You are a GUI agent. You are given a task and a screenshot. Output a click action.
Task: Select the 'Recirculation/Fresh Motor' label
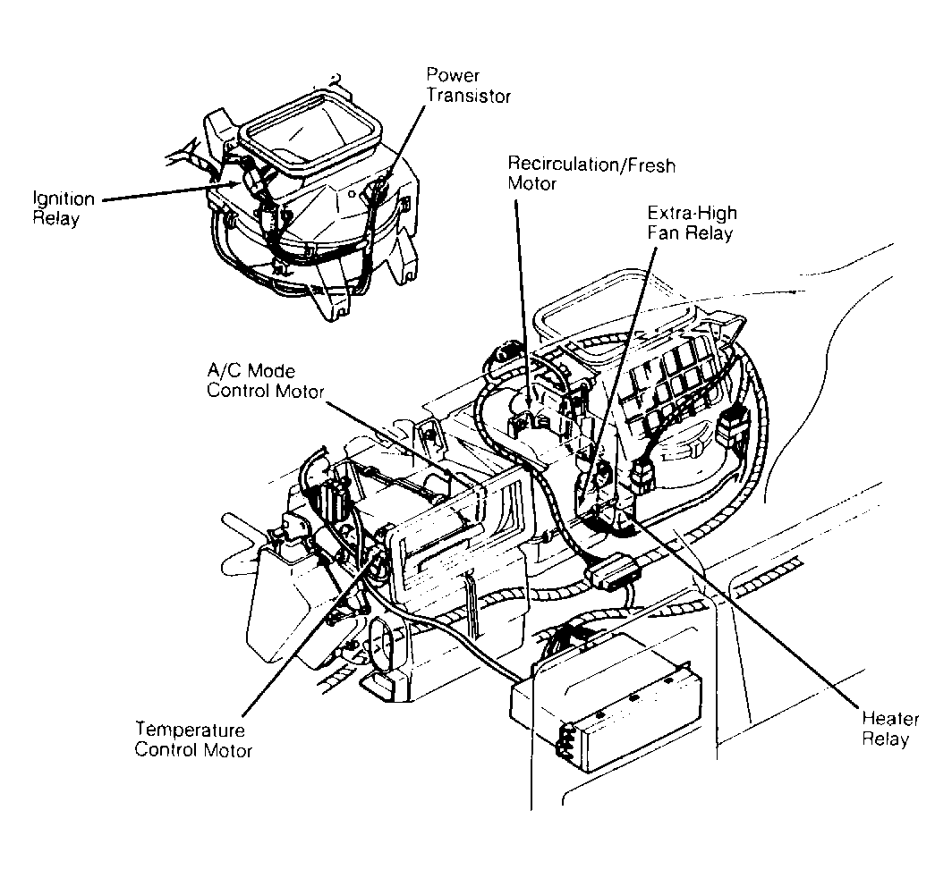pyautogui.click(x=591, y=174)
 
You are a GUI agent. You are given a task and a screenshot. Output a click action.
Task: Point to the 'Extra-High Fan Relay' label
pyautogui.click(x=690, y=224)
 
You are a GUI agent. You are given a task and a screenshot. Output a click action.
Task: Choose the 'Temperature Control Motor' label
pyautogui.click(x=192, y=739)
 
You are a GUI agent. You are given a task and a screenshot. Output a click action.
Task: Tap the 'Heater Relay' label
pyautogui.click(x=885, y=728)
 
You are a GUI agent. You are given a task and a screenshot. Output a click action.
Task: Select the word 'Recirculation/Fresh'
pyautogui.click(x=591, y=165)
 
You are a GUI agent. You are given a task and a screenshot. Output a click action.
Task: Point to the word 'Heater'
pyautogui.click(x=886, y=718)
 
